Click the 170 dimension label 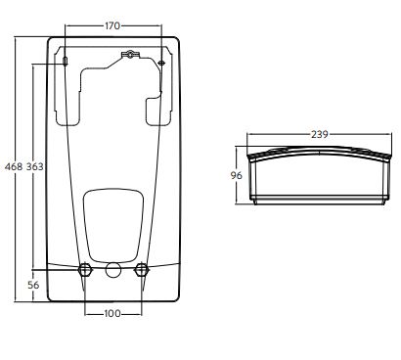pos(112,25)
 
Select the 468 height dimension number pos(14,166)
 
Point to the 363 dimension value pos(34,166)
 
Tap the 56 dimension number pos(33,285)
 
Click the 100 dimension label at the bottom pos(112,314)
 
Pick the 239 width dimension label pos(319,134)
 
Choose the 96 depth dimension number pos(237,175)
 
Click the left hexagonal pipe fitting pos(85,270)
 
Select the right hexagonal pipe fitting pos(142,270)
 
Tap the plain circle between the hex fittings pos(113,270)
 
